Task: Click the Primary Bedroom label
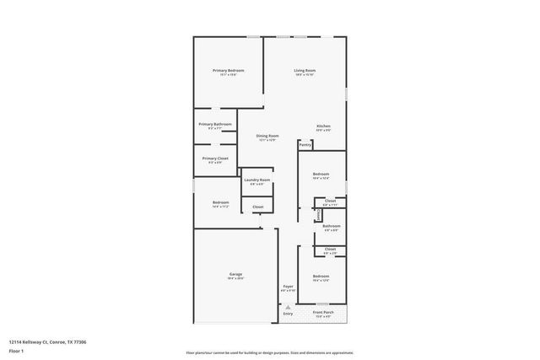[x=229, y=71]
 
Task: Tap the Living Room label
[x=305, y=71]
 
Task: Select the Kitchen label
[x=323, y=126]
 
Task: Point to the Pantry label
[x=305, y=145]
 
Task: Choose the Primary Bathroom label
[x=215, y=124]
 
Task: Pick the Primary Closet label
[x=215, y=159]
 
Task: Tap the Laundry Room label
[x=257, y=180]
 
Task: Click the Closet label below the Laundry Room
[x=257, y=207]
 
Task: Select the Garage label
[x=236, y=274]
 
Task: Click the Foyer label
[x=288, y=287]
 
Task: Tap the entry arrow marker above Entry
[x=288, y=304]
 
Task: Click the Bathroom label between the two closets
[x=332, y=225]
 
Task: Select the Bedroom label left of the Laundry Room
[x=220, y=202]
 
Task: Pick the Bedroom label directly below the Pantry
[x=321, y=175]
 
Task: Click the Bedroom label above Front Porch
[x=321, y=277]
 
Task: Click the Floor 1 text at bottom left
[x=16, y=350]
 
